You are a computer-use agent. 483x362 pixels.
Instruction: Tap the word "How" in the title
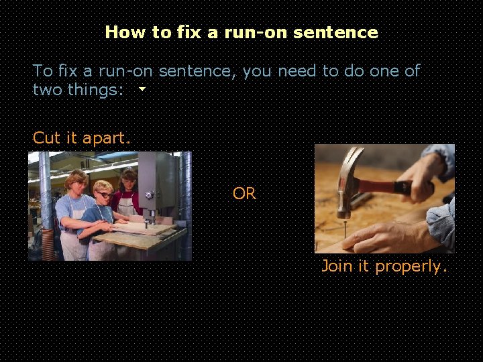121,32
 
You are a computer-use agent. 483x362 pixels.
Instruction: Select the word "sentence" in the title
345,32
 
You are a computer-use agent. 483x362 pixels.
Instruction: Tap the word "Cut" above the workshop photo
46,138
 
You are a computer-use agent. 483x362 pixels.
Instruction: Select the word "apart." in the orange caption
107,139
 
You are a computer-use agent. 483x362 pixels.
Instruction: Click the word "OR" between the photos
244,194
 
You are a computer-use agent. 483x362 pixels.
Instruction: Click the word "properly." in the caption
411,267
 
